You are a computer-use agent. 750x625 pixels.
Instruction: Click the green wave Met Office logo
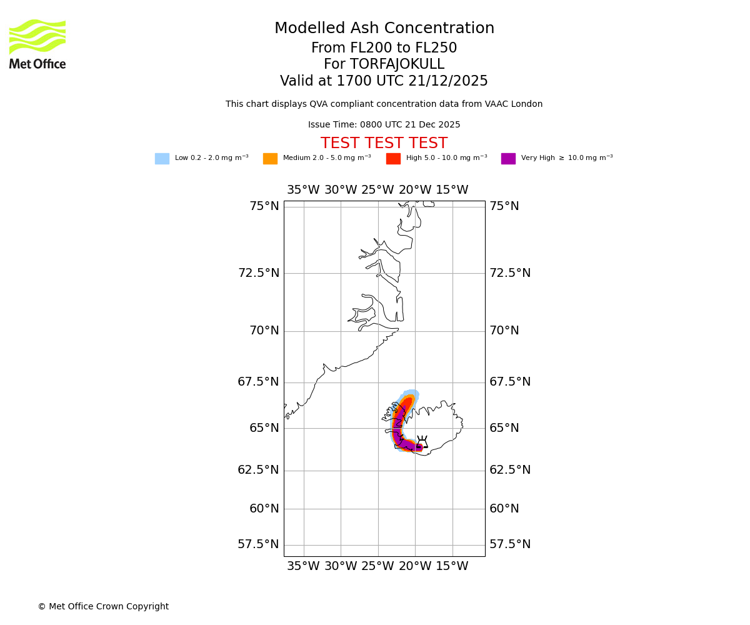coord(37,37)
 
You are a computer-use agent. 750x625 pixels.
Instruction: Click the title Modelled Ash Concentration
coord(384,29)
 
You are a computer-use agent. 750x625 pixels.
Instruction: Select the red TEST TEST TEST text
coord(384,143)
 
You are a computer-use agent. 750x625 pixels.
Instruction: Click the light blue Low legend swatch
coord(162,159)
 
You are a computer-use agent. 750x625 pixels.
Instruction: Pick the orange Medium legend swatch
coord(270,159)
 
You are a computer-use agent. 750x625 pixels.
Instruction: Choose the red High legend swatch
coord(393,159)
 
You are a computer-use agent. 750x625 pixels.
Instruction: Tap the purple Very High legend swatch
coord(508,159)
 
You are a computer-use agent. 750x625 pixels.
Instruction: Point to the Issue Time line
coord(384,125)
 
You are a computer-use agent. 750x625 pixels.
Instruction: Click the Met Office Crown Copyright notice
coord(103,607)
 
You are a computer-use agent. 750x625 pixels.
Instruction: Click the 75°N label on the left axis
coord(264,206)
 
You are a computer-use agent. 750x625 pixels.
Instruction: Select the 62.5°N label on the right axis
coord(510,470)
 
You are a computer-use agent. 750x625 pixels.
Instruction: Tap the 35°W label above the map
coord(303,190)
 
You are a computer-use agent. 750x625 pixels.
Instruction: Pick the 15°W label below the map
coord(452,566)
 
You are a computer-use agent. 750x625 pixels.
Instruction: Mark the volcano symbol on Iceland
coord(422,442)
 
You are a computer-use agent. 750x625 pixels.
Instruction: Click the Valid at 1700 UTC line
coord(384,81)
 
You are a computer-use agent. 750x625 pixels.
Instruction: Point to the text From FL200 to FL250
coord(384,48)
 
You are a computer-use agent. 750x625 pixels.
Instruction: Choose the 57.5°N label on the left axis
coord(258,544)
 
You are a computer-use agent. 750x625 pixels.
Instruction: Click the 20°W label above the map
coord(415,190)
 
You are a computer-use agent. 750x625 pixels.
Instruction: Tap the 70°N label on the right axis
coord(504,331)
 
